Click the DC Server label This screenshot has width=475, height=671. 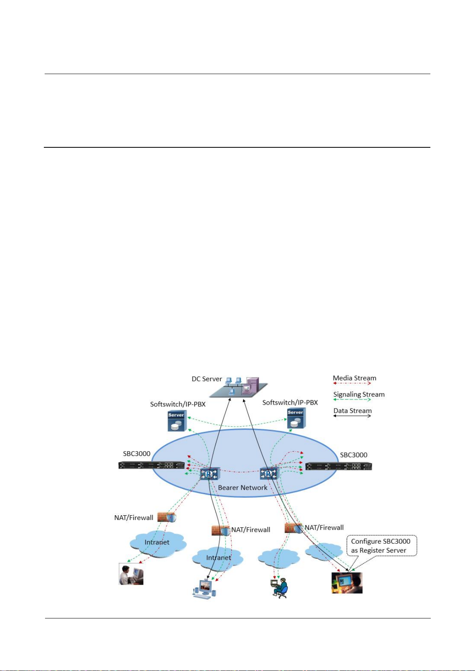[206, 379]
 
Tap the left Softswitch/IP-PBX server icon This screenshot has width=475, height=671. [177, 421]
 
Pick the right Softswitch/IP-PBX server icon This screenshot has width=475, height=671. [296, 419]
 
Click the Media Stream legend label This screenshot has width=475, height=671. [354, 378]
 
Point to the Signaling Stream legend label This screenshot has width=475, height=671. [359, 394]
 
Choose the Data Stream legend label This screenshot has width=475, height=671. [352, 411]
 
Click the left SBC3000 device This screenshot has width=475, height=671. [151, 465]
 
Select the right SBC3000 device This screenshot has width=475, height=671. [339, 466]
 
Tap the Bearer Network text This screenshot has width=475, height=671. [242, 487]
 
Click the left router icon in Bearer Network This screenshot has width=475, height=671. [209, 473]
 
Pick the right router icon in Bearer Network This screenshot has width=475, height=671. [269, 473]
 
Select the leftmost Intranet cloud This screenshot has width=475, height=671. [157, 542]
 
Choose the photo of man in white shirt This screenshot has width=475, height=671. [131, 574]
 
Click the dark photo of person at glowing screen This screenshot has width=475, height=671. [347, 583]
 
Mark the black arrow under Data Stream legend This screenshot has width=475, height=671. [352, 416]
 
